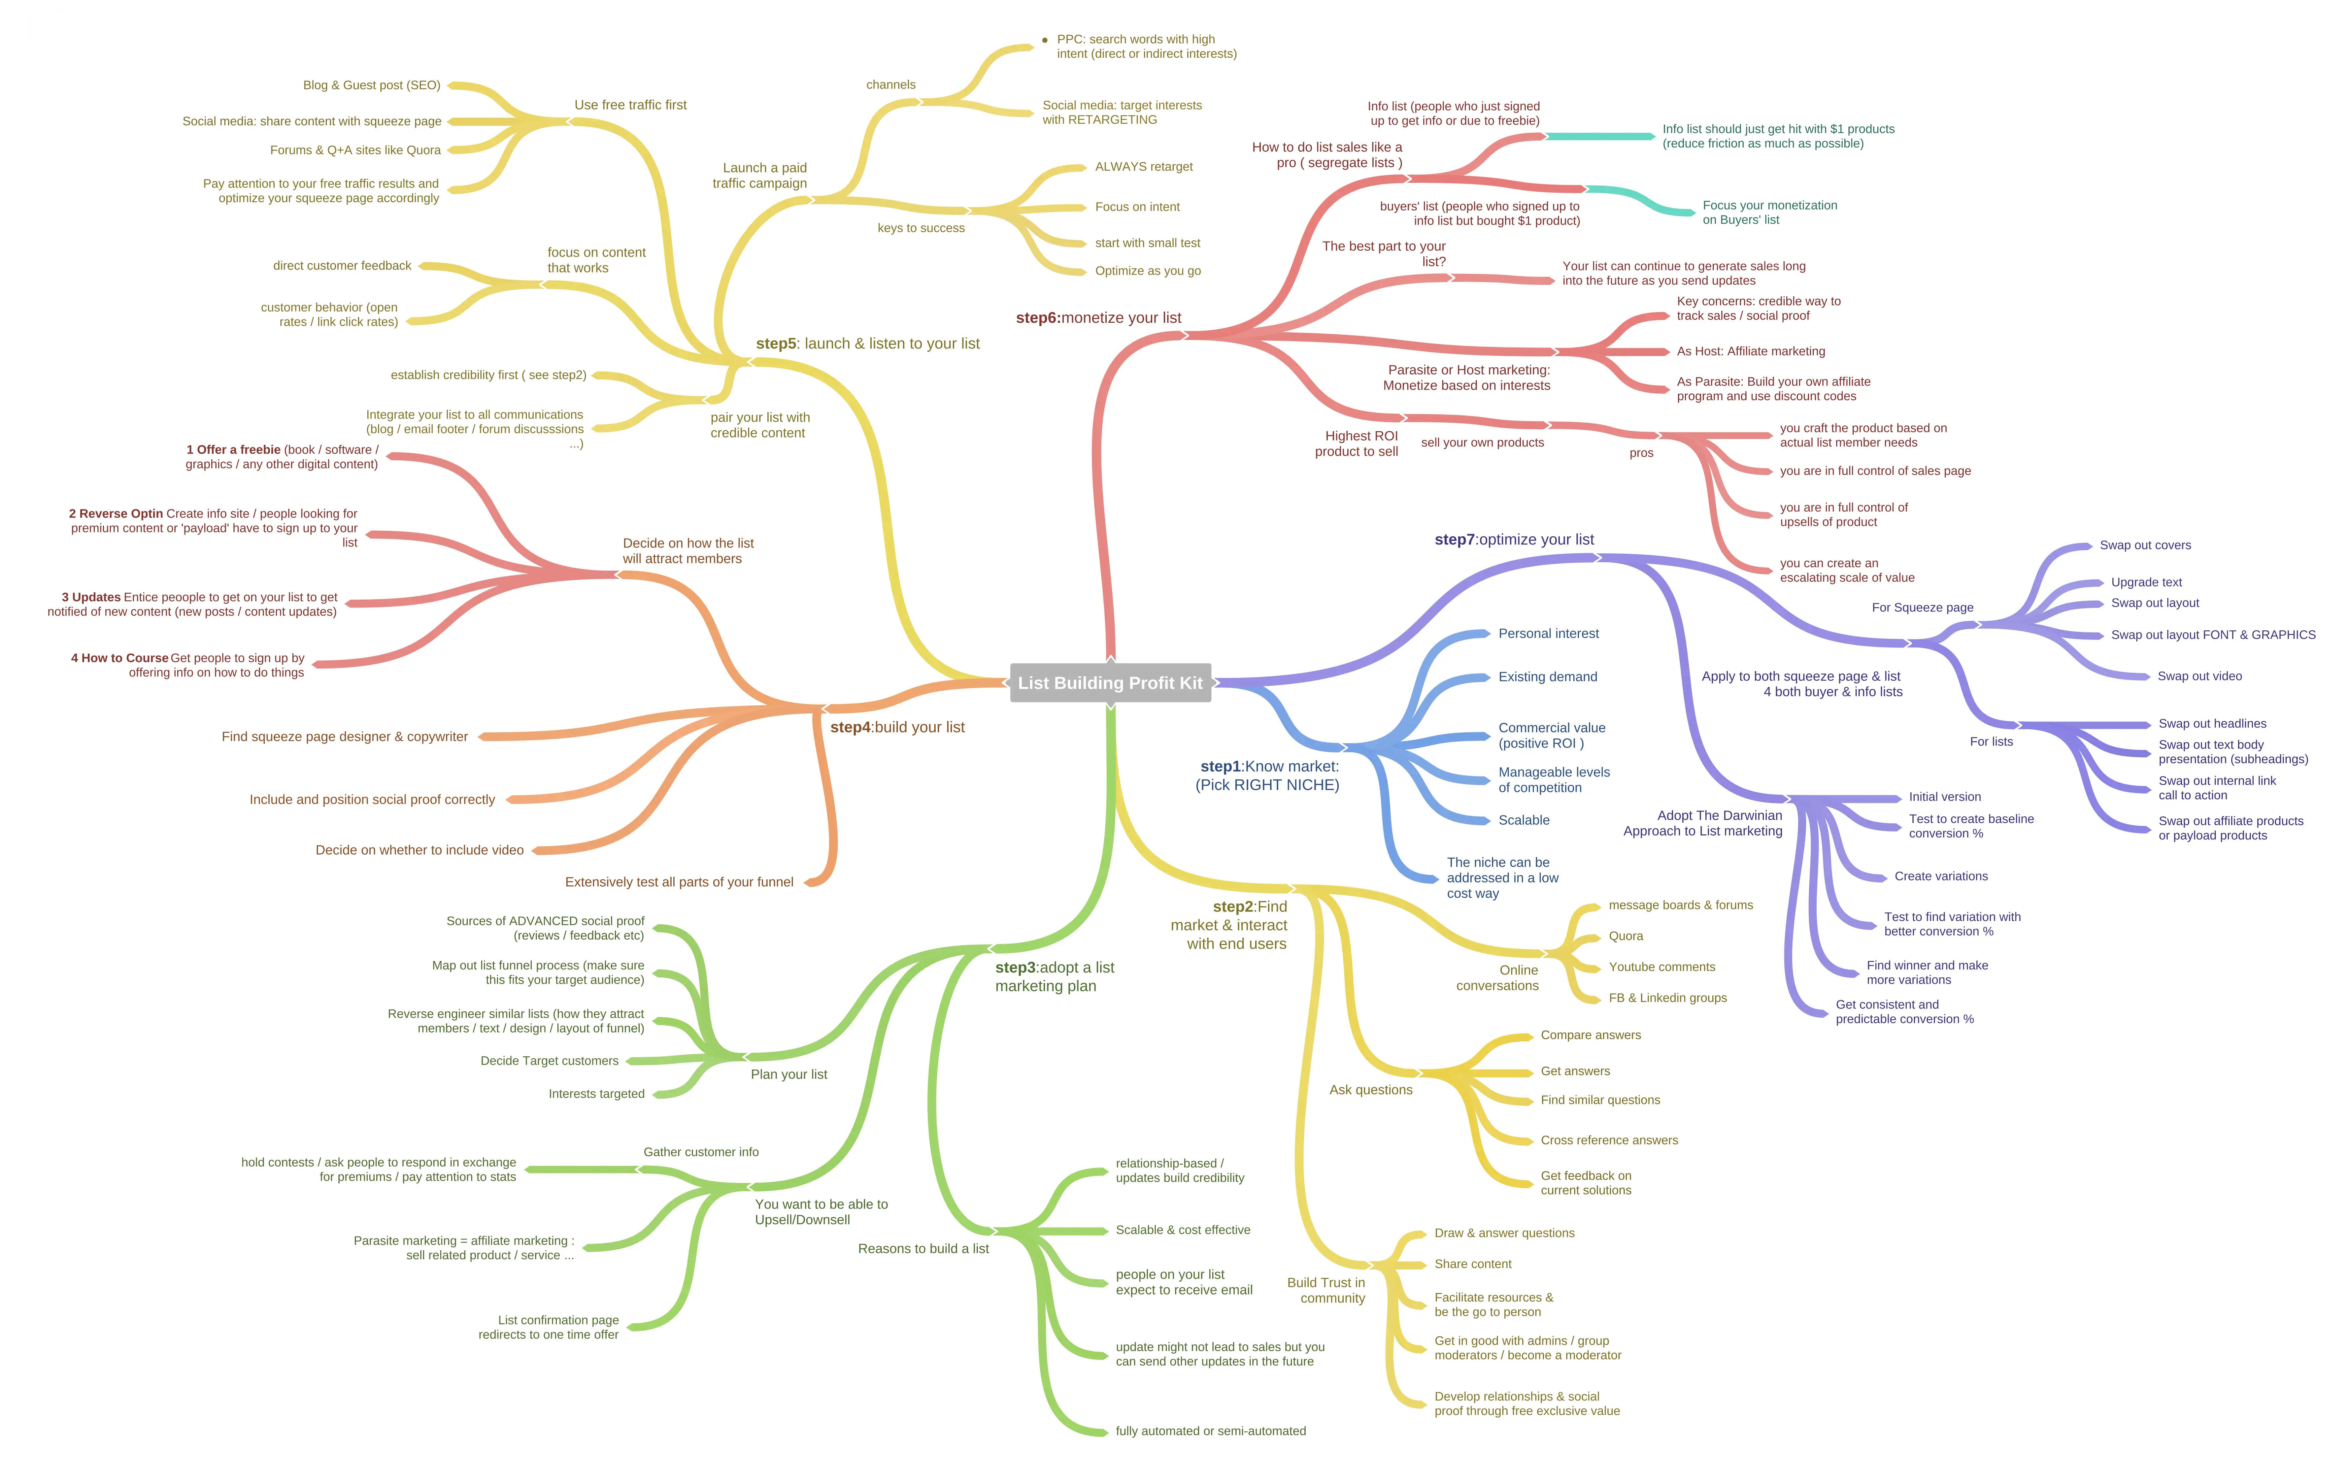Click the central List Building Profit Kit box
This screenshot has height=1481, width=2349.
[1110, 683]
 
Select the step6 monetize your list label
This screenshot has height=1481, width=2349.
[1098, 318]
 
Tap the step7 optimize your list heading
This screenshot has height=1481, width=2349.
[1514, 540]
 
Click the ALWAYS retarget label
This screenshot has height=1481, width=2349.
[1143, 167]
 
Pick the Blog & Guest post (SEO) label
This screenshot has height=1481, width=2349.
[372, 85]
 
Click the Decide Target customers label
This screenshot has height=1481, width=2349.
[549, 1061]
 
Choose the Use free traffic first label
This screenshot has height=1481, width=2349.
[630, 104]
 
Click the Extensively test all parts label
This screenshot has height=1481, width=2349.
[679, 882]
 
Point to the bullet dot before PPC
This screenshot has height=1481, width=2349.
[1045, 40]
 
